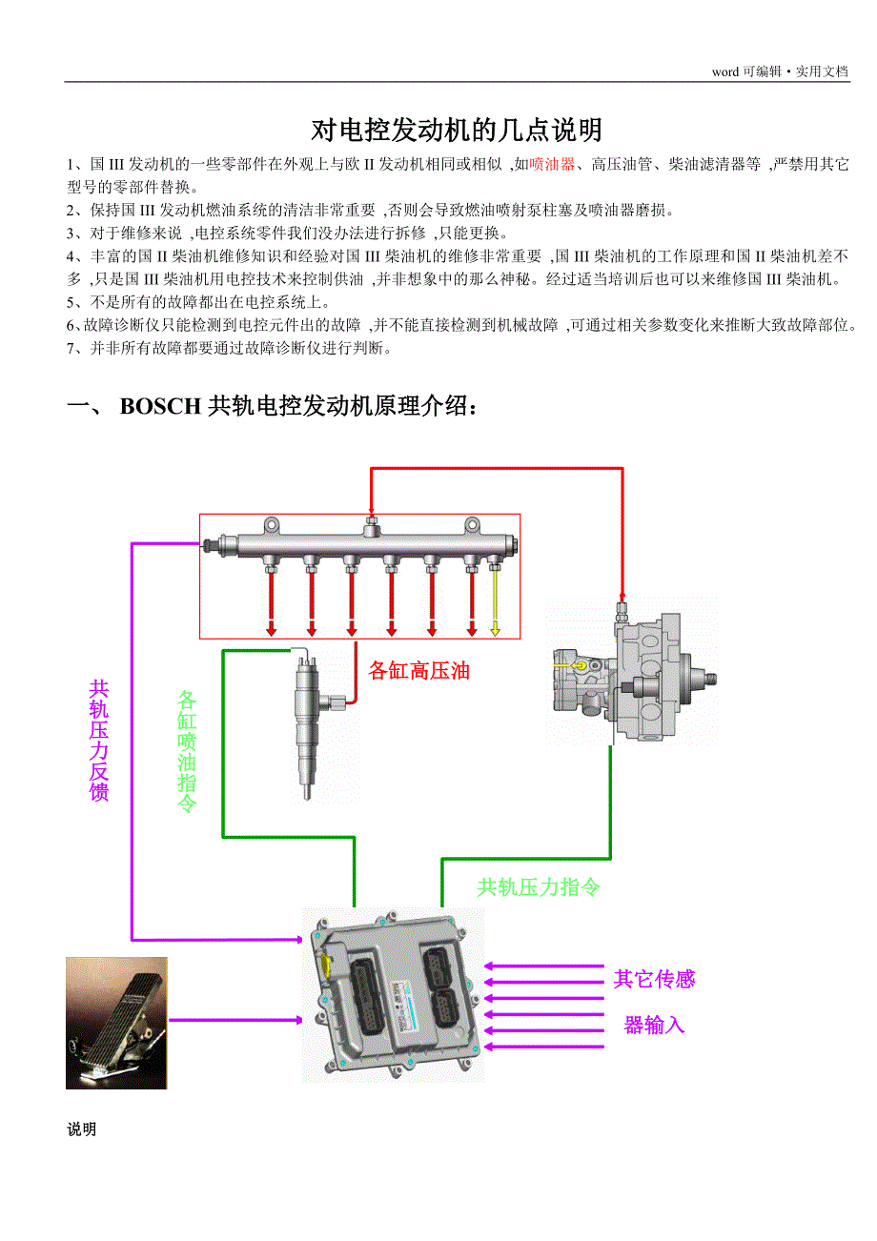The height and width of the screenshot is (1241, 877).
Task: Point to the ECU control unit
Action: pyautogui.click(x=393, y=996)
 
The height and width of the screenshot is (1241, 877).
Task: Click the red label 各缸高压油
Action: pyautogui.click(x=418, y=670)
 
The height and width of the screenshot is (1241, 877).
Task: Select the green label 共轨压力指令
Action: pyautogui.click(x=539, y=887)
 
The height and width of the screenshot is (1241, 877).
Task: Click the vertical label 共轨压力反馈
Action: pyautogui.click(x=98, y=741)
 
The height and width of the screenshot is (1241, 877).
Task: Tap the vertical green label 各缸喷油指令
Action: pyautogui.click(x=187, y=751)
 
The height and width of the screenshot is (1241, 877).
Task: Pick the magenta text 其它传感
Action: pyautogui.click(x=654, y=979)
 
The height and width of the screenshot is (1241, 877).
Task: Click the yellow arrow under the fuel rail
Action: pyautogui.click(x=495, y=602)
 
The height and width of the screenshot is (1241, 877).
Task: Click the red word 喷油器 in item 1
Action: pyautogui.click(x=552, y=164)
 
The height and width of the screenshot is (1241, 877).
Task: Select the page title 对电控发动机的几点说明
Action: pyautogui.click(x=457, y=131)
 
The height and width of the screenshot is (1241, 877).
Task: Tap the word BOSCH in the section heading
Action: pyautogui.click(x=160, y=406)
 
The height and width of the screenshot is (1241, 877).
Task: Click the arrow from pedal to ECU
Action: pyautogui.click(x=235, y=1020)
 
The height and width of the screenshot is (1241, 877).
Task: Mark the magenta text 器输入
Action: pyautogui.click(x=654, y=1025)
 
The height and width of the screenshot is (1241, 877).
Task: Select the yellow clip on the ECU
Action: pyautogui.click(x=327, y=965)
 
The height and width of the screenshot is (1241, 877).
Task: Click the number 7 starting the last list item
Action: pyautogui.click(x=71, y=349)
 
